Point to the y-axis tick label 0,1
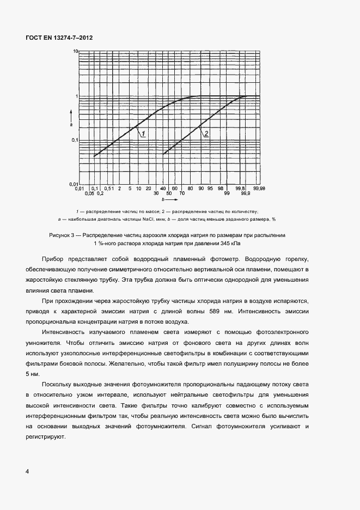[x=75, y=141]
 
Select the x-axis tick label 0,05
[x=90, y=193]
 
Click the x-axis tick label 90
[x=202, y=189]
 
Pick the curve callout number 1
[x=143, y=134]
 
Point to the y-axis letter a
[x=71, y=124]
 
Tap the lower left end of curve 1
[x=94, y=156]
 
